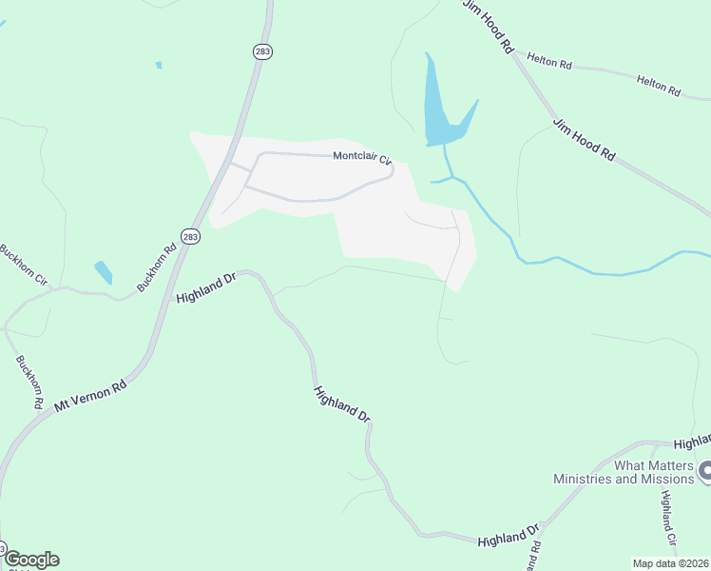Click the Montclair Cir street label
[362, 159]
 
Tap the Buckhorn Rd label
[157, 269]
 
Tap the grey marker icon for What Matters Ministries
[704, 470]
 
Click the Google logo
[31, 560]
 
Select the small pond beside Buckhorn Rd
[104, 272]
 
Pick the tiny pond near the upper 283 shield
[159, 65]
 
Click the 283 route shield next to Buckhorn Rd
[191, 236]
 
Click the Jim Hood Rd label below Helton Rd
[585, 140]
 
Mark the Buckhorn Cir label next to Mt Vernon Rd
[29, 383]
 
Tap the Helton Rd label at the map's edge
[660, 87]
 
